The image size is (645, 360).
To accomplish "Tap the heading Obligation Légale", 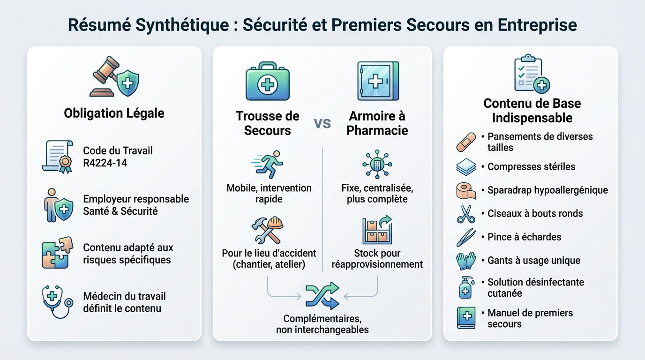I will (x=114, y=113).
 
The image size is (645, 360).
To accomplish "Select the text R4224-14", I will (x=105, y=163).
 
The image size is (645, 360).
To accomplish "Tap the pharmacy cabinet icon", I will (x=377, y=81).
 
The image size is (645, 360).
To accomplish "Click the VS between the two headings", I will (x=322, y=123).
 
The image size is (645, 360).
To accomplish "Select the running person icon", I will (x=268, y=164).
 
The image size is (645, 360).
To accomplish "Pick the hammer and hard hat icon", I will (x=268, y=230).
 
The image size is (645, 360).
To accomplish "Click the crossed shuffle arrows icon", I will (x=322, y=295).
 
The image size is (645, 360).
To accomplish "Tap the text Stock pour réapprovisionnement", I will (x=377, y=259).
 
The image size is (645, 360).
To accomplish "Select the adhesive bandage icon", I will (x=466, y=142).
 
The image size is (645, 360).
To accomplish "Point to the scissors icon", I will (x=466, y=214).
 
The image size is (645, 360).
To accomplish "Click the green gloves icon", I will (x=466, y=261).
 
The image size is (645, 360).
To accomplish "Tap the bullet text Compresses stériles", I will (x=531, y=167).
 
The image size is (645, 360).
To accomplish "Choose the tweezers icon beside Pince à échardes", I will (x=466, y=237).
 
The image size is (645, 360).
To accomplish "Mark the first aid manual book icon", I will (x=466, y=317).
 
